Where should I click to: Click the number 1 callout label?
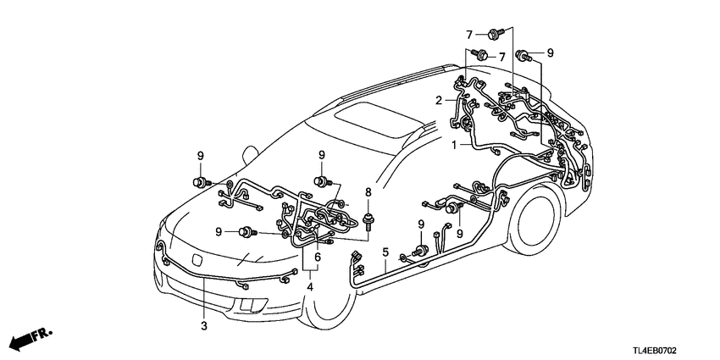pyautogui.click(x=455, y=145)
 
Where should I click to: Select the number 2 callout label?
pyautogui.click(x=439, y=100)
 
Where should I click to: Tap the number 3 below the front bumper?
pyautogui.click(x=203, y=325)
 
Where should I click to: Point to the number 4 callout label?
pyautogui.click(x=311, y=287)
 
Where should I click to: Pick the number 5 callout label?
pyautogui.click(x=385, y=252)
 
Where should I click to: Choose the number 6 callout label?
pyautogui.click(x=318, y=257)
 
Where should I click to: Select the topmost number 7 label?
pyautogui.click(x=467, y=33)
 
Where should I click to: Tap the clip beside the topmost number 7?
pyautogui.click(x=493, y=33)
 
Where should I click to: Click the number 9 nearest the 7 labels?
pyautogui.click(x=550, y=53)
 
